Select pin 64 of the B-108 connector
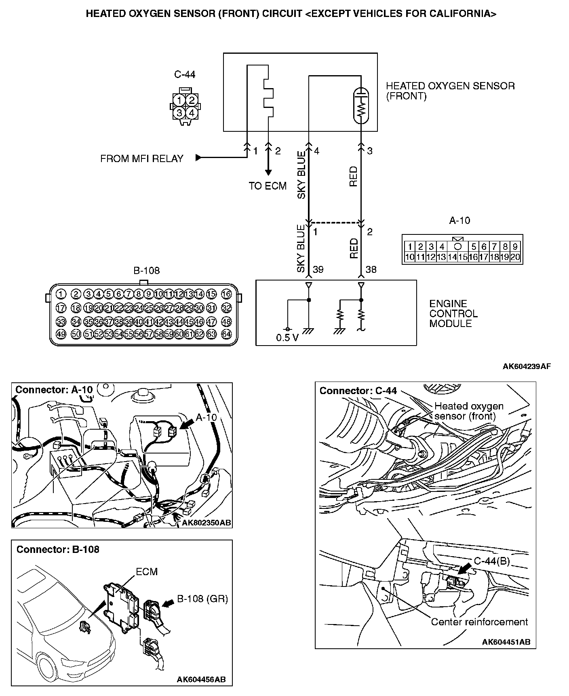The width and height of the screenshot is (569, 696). (x=226, y=334)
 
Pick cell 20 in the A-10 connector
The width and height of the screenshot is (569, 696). (x=515, y=257)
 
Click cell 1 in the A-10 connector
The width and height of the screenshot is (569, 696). (x=410, y=247)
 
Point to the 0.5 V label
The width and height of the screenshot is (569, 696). (x=287, y=338)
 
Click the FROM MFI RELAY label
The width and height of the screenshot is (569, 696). (x=142, y=158)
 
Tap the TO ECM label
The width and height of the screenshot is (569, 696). (x=268, y=186)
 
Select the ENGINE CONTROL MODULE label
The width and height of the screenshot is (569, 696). (x=453, y=314)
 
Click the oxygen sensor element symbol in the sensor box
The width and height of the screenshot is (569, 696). (x=361, y=105)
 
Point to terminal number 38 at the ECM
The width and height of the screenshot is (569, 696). (x=371, y=269)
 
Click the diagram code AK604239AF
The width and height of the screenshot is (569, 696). (x=527, y=367)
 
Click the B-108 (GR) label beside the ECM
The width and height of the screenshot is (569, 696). (x=202, y=599)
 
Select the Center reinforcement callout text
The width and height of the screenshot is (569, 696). (x=479, y=622)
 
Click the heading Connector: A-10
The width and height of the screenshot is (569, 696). (x=54, y=390)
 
